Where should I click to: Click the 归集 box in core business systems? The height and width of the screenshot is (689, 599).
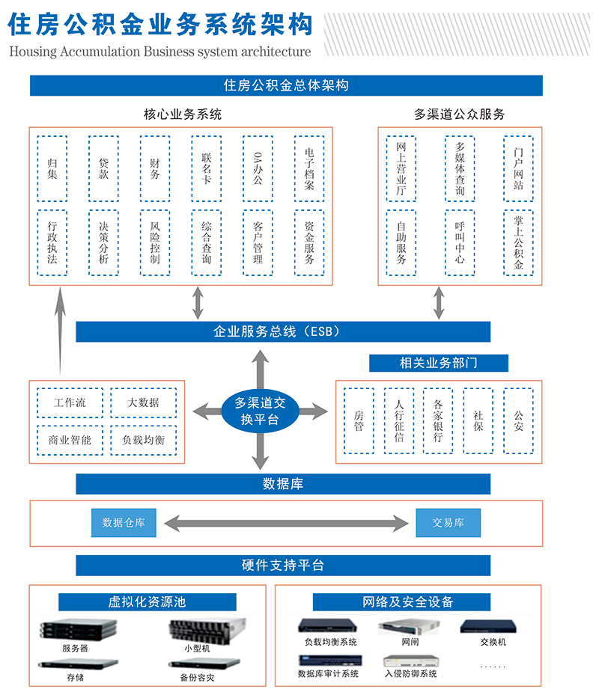(52, 168)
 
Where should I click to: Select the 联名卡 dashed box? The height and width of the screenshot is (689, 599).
(207, 168)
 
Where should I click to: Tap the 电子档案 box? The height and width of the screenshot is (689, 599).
(309, 168)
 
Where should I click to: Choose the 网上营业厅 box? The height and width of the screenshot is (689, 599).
(401, 168)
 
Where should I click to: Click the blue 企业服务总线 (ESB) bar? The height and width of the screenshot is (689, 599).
(283, 331)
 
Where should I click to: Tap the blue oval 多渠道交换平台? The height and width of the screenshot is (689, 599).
(261, 411)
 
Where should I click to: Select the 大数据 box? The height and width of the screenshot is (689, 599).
(144, 402)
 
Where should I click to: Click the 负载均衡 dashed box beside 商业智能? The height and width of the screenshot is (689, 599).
(144, 440)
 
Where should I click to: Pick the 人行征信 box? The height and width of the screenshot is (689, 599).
(399, 420)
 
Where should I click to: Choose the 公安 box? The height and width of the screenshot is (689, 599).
(518, 420)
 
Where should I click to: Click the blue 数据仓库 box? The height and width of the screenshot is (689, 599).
(124, 523)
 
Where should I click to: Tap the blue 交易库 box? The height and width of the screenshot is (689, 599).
(448, 523)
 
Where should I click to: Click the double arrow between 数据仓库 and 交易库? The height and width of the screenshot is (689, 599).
(285, 523)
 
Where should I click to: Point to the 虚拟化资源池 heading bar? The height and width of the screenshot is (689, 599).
(148, 602)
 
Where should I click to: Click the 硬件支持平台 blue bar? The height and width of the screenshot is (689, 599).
(283, 566)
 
